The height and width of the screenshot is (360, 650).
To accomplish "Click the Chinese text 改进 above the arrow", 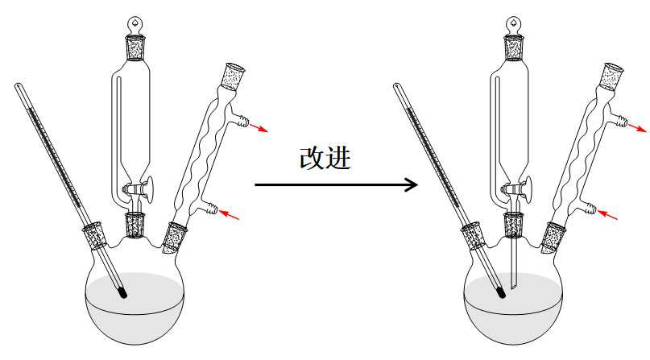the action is coord(325,158).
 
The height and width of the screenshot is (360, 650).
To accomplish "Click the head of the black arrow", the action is coord(411,184).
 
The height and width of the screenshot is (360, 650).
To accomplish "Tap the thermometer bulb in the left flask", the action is coord(122,292).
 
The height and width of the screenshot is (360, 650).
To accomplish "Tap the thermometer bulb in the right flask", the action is coord(501,292).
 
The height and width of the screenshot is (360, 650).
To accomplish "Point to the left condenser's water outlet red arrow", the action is coord(259,127).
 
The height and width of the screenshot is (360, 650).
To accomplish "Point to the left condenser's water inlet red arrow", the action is coord(230,214).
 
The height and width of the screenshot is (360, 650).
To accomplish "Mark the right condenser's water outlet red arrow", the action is coord(638,127).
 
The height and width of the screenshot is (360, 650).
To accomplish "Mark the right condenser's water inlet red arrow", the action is coord(608,214).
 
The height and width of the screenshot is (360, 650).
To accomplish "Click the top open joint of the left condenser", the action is coord(234,76).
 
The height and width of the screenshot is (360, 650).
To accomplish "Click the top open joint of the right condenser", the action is coord(613,76).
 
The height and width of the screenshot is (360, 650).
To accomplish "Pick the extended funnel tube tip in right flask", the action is coord(514,287).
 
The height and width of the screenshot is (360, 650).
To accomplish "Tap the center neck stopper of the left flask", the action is coord(135,225).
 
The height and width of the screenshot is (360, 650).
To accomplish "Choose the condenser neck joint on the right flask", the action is coord(553,238).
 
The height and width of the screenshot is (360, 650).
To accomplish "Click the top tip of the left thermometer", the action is coord(18,85).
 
